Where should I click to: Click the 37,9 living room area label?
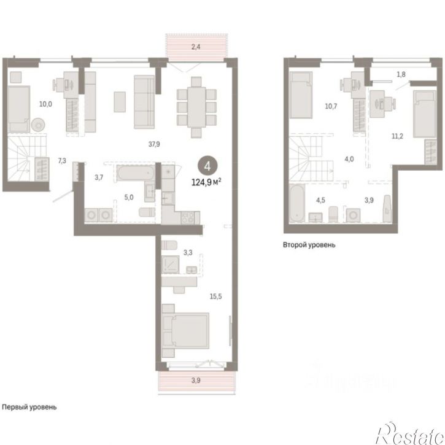point(154,144)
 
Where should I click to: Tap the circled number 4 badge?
point(207,166)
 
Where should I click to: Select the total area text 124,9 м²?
point(206,182)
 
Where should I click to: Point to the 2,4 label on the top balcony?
point(196,47)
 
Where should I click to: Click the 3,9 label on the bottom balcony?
point(196,381)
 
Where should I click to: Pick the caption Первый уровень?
point(29,407)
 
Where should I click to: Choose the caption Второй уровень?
point(309,245)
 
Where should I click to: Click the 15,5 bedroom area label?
point(215,296)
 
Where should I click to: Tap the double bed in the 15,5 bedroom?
point(185,331)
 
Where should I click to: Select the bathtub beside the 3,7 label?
point(136,173)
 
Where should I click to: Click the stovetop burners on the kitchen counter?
point(188,218)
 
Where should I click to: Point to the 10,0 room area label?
point(45,104)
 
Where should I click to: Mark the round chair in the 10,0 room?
point(38,125)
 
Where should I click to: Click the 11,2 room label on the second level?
point(397,136)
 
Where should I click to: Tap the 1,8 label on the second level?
point(401,74)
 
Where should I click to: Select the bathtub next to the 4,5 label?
point(297,203)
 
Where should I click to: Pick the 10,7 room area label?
point(331,106)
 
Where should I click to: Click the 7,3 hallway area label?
point(62,161)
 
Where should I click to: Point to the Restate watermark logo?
point(410,433)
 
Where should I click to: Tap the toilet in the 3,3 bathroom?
point(169,245)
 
